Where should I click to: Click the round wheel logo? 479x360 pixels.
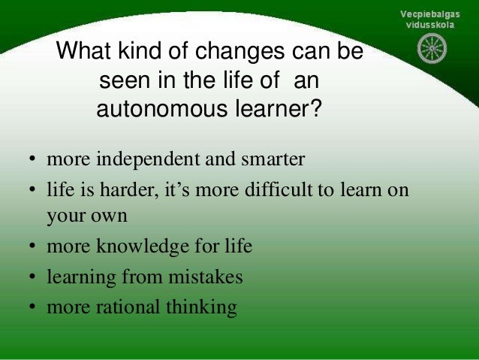tap(432, 49)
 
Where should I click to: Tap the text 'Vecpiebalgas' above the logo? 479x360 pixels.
tap(430, 14)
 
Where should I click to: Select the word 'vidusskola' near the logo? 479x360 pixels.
tap(430, 25)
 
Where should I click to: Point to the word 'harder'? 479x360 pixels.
tap(128, 189)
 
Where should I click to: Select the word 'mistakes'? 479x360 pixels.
tap(206, 277)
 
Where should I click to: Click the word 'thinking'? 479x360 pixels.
tap(200, 307)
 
